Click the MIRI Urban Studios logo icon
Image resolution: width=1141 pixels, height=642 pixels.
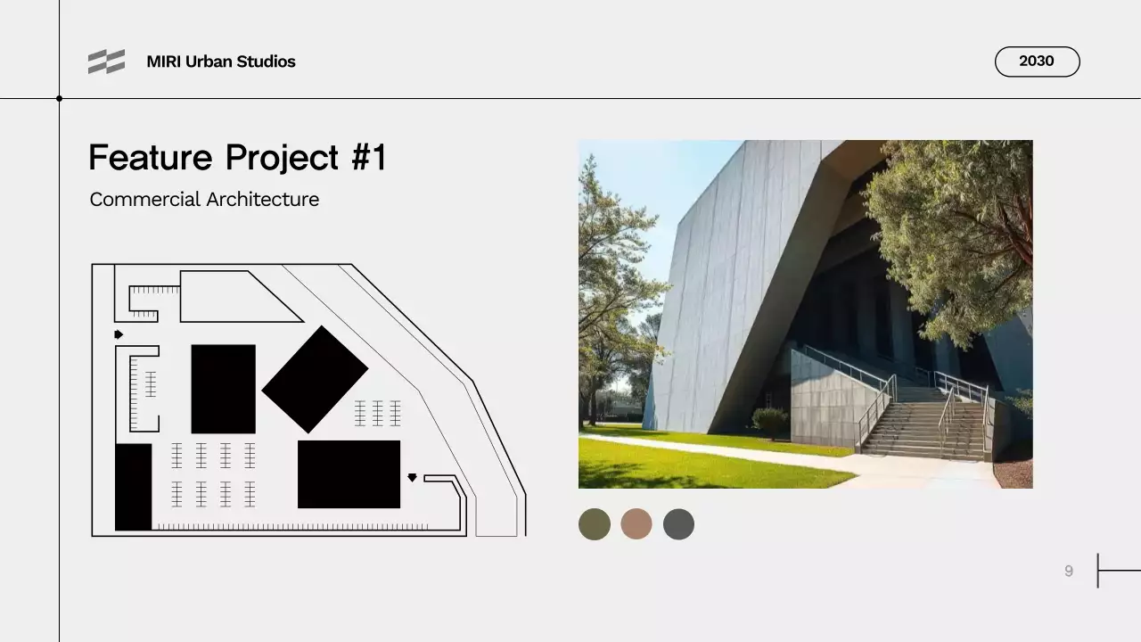point(106,62)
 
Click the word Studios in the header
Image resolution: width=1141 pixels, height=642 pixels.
point(266,62)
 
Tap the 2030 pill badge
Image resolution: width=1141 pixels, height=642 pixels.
point(1037,62)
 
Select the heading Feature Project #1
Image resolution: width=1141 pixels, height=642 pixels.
point(237,158)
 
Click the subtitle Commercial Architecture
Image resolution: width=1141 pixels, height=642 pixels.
point(204,200)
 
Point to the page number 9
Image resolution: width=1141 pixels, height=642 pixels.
point(1069,572)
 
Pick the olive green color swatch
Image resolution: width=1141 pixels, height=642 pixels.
point(595,524)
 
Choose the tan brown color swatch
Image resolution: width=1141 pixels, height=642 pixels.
point(636,524)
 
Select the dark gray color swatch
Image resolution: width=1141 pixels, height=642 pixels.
point(678,524)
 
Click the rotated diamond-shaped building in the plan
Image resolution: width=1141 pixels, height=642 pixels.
point(315,379)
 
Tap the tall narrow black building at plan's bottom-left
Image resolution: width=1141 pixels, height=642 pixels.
point(134,487)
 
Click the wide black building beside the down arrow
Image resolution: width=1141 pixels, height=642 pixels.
point(349,474)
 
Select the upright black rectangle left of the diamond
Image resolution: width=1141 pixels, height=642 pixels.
point(223,389)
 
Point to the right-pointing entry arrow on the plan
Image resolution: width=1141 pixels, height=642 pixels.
point(119,334)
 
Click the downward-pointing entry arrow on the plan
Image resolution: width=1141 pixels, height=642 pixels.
point(412,478)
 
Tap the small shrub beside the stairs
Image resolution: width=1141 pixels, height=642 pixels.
point(770,420)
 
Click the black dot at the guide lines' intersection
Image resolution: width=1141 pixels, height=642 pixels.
point(60,98)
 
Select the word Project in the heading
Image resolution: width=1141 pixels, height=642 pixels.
point(283,158)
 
